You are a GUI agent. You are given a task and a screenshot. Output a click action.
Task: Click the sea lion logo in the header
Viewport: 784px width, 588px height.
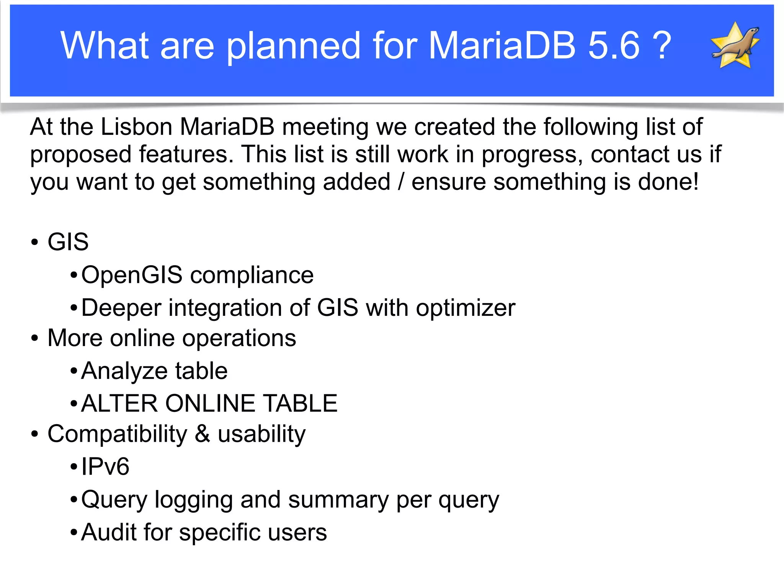tap(735, 45)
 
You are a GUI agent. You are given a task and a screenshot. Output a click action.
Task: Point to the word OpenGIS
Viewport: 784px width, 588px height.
tap(132, 275)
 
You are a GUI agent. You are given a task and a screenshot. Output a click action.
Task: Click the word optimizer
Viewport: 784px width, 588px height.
tap(465, 308)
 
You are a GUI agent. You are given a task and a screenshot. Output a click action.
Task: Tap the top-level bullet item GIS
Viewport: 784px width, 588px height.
tap(68, 242)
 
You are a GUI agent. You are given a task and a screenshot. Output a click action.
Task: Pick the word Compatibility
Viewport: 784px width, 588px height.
tap(117, 434)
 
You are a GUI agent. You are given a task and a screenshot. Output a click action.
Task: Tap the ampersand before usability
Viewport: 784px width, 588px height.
tap(203, 434)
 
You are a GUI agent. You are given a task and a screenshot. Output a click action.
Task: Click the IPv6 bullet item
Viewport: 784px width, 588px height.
tap(105, 467)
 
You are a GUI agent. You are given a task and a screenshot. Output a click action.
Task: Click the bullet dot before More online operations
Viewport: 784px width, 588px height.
tap(35, 338)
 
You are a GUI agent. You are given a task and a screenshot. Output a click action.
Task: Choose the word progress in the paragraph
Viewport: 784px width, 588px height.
tap(532, 155)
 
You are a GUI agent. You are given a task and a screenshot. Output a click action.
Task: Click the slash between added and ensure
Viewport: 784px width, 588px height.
tap(401, 181)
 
